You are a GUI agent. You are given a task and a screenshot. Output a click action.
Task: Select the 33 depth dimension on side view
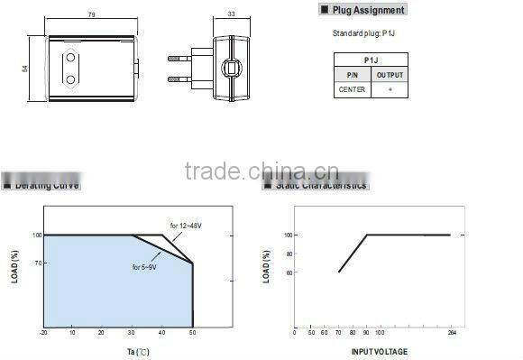230,14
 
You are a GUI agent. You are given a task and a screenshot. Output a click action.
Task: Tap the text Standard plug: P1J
362,34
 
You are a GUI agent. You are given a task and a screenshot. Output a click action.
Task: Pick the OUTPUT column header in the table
390,76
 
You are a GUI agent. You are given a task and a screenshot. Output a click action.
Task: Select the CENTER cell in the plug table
352,89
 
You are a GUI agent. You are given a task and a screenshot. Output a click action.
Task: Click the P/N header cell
352,76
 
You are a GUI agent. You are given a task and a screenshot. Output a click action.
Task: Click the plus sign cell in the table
390,89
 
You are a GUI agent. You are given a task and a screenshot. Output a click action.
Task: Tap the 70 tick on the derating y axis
38,263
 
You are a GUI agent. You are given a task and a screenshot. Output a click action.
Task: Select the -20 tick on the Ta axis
43,333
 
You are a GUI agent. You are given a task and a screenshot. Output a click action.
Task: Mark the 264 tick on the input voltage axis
450,332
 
